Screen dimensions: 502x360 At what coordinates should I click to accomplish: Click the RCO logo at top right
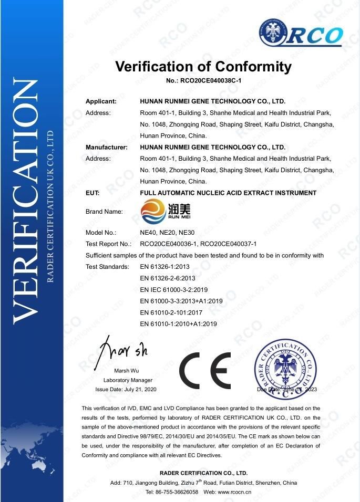point(301,34)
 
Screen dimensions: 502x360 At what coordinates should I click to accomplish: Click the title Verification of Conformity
point(203,67)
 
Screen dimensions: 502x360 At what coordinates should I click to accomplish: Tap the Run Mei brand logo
point(160,212)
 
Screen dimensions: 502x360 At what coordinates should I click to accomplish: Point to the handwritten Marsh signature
point(124,347)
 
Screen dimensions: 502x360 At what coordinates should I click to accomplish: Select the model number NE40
point(148,232)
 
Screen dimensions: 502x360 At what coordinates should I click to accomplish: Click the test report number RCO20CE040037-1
point(230,244)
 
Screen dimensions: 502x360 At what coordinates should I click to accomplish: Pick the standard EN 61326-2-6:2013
point(168,278)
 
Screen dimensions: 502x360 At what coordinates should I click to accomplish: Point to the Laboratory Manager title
point(128,380)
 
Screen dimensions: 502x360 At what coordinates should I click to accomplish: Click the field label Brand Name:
point(104,212)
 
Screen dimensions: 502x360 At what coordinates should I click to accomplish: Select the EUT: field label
point(92,193)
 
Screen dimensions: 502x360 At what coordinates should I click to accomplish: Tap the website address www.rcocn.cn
point(236,491)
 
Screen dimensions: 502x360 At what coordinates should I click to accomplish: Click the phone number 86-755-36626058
point(176,491)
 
